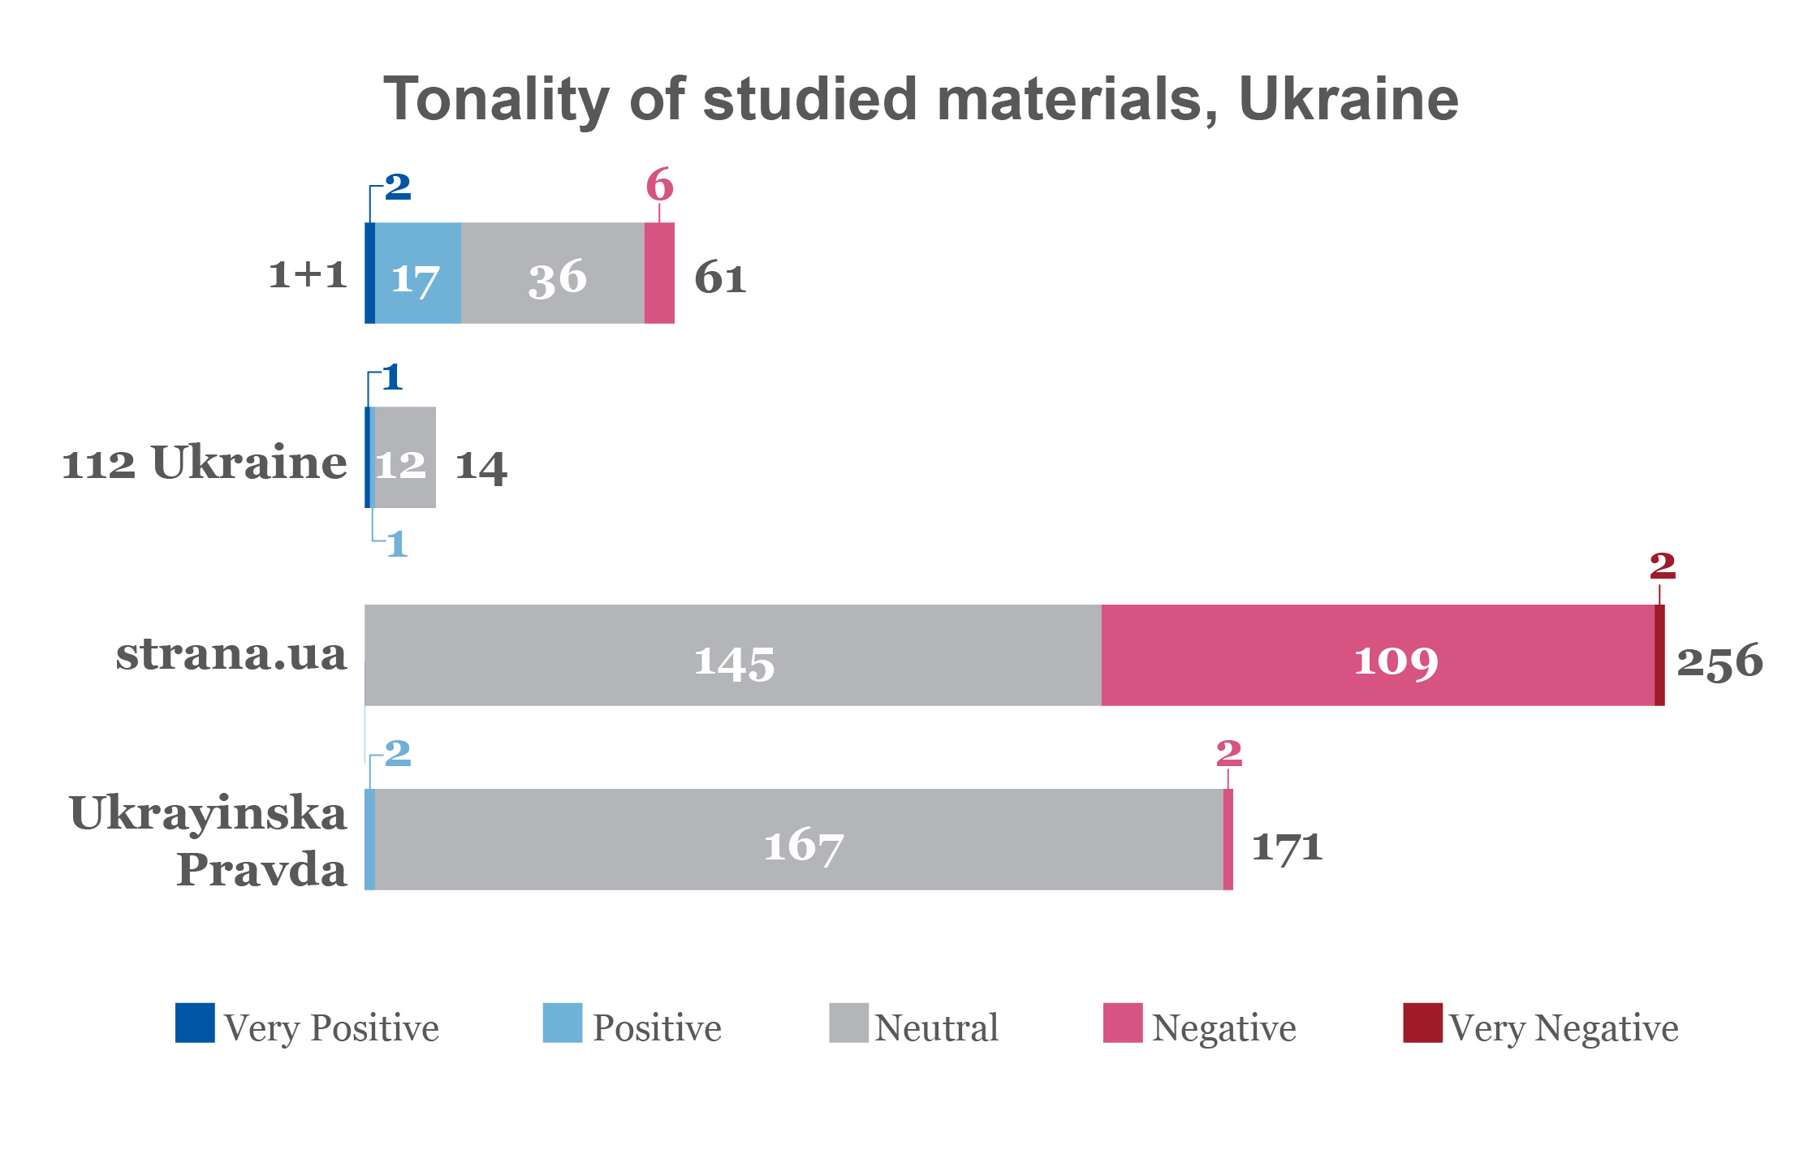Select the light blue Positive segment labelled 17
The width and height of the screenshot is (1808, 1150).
(417, 274)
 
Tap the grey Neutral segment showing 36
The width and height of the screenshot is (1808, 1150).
(553, 274)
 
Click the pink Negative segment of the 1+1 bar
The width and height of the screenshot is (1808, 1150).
(659, 274)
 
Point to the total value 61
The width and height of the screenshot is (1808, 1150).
(720, 278)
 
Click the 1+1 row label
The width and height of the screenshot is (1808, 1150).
(309, 274)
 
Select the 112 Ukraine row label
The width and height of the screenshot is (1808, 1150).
(205, 463)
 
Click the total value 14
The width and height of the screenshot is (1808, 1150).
(481, 467)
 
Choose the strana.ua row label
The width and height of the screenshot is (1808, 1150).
(231, 654)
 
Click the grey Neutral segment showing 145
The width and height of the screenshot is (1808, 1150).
(733, 656)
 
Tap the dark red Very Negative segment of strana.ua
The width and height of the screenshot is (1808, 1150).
(1659, 656)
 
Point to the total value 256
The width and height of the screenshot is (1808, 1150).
(1720, 661)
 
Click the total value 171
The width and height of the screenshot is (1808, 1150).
(1287, 846)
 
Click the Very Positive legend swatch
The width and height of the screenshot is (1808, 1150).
(195, 1023)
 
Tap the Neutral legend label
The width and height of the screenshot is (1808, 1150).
(936, 1028)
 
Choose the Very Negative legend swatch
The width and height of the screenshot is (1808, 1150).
(1422, 1023)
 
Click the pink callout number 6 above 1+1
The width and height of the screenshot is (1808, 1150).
(659, 185)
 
